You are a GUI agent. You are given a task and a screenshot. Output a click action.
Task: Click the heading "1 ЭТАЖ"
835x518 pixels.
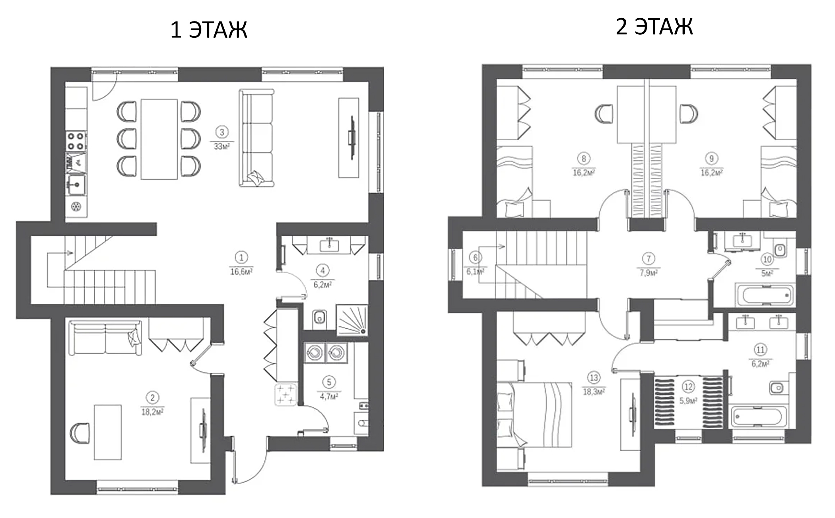[x=209, y=30]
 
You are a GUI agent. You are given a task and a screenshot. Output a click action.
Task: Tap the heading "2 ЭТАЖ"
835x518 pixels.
[x=654, y=27]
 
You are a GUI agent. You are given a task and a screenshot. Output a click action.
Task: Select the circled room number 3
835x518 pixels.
[x=221, y=132]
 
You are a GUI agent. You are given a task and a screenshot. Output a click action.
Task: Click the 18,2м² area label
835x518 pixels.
[x=153, y=412]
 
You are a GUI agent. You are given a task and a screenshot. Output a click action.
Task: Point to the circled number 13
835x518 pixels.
[x=594, y=378]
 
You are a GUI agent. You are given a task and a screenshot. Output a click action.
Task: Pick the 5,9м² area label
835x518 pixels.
[x=688, y=401]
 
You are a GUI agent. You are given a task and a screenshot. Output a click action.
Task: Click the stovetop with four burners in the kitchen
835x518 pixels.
[x=76, y=141]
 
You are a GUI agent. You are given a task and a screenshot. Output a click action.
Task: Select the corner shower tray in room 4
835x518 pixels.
[x=352, y=320]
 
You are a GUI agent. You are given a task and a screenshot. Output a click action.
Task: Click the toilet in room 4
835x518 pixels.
[x=319, y=318]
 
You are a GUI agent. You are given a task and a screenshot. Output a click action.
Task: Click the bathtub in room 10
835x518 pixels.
[x=765, y=295]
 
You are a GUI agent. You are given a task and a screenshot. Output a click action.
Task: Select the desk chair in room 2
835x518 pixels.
[x=80, y=433]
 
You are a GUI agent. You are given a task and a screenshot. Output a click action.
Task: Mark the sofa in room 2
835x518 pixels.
[x=105, y=338]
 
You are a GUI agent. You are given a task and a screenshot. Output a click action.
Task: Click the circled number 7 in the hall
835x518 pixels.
[x=649, y=259]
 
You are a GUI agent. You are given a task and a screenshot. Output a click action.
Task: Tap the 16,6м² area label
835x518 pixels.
[x=241, y=272]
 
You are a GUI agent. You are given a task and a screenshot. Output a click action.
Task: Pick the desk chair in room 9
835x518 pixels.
[x=688, y=114]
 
